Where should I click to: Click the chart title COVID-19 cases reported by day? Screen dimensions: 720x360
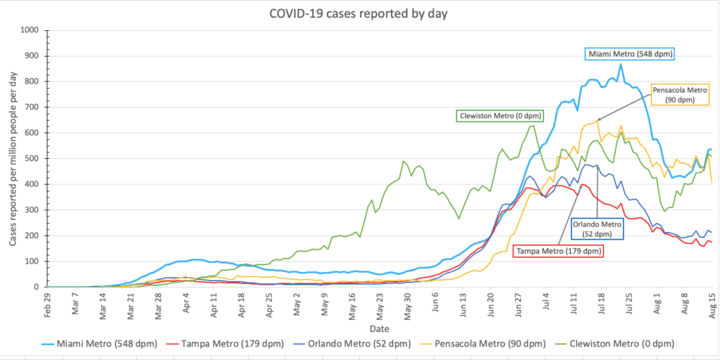358,14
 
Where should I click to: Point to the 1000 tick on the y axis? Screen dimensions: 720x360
31,31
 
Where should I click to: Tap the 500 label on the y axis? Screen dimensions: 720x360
33,159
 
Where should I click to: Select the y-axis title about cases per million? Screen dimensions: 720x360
13,158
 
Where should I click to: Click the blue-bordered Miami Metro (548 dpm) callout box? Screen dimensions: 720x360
629,54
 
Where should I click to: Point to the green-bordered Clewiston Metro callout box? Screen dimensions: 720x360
499,116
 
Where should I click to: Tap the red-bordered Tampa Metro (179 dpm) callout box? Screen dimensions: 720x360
557,251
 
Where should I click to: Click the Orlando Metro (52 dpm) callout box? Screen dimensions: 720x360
597,229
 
